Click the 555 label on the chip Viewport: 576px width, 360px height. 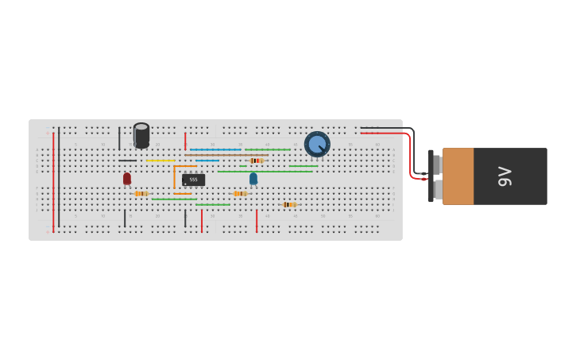coord(193,180)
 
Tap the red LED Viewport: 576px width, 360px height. coord(127,179)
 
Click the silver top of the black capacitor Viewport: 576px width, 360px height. coord(141,128)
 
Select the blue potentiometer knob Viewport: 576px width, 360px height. coord(317,144)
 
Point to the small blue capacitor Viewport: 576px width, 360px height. coord(253,179)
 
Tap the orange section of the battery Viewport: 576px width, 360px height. coord(458,176)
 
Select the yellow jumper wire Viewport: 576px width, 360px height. coord(160,161)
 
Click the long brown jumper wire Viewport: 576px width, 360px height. coord(226,155)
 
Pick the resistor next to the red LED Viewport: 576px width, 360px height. coord(141,193)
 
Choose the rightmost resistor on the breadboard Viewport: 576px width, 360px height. coord(289,204)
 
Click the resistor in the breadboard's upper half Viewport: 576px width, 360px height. coord(256,161)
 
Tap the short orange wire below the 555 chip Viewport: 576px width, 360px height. coord(183,194)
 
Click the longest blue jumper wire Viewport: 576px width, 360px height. coord(215,149)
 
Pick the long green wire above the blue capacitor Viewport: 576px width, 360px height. coord(265,172)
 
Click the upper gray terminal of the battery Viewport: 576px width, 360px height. coord(437,165)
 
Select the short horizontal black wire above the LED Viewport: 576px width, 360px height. coord(127,161)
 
